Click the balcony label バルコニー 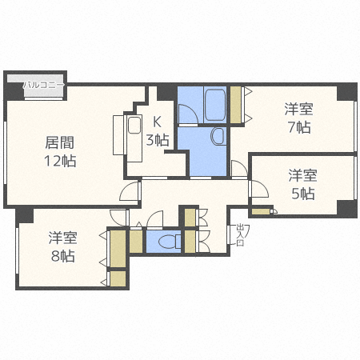[x=43, y=83]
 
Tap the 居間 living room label [x=59, y=144]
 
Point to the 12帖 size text [x=59, y=161]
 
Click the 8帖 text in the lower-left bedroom [x=62, y=256]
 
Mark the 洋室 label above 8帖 [x=62, y=238]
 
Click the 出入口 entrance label [x=239, y=235]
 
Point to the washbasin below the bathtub [x=217, y=138]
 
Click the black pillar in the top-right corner [x=346, y=90]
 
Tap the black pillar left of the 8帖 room [x=25, y=214]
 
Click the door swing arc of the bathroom [x=186, y=117]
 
